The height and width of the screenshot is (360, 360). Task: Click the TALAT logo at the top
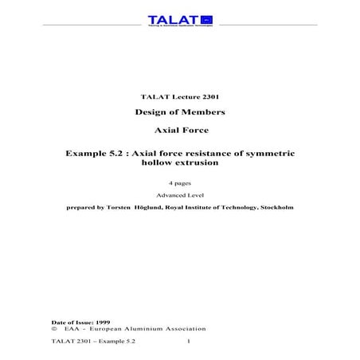(x=179, y=20)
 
